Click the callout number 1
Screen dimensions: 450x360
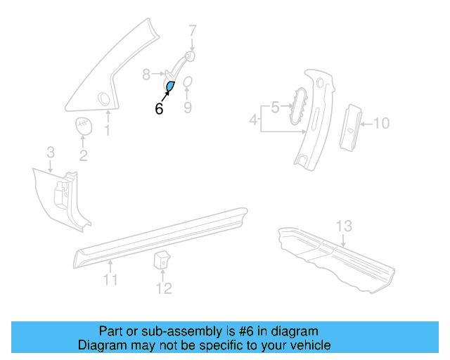[x=108, y=131]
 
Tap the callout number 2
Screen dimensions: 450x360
[x=83, y=156]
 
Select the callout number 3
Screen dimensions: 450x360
[x=51, y=152]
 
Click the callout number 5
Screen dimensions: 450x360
[x=275, y=107]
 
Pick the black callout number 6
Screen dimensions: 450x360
[x=159, y=109]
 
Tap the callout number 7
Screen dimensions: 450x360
[x=193, y=30]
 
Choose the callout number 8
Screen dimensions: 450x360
[x=147, y=73]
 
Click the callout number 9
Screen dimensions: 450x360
[x=188, y=108]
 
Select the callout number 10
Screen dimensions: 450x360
[x=380, y=124]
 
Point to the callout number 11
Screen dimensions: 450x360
[x=110, y=282]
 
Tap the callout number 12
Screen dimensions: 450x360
[x=163, y=288]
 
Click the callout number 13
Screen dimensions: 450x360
[x=343, y=226]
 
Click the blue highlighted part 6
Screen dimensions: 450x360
[x=170, y=87]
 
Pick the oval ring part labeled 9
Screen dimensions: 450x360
[x=188, y=84]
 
